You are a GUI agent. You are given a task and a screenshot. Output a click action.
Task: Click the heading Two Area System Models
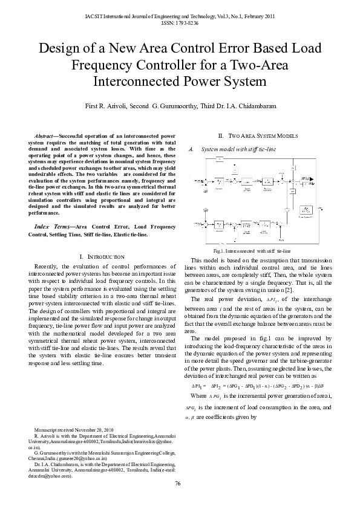click(257, 137)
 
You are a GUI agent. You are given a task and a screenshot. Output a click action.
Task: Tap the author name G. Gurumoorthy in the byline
click(178, 106)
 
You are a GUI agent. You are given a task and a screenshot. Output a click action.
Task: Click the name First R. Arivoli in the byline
click(116, 106)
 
